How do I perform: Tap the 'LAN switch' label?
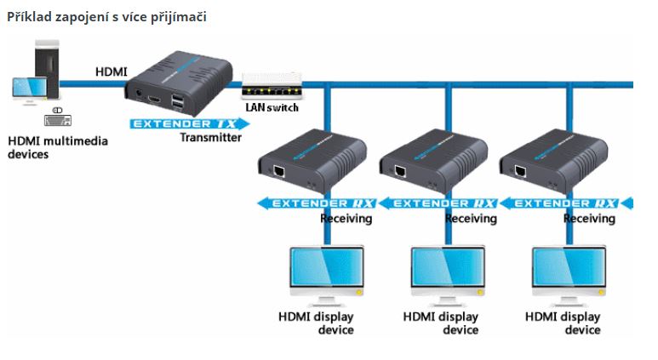pos(272,107)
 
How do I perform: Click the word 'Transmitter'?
pos(210,137)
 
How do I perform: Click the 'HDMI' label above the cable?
pos(112,72)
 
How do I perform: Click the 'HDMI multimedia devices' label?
pos(57,147)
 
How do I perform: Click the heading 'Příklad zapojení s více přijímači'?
pos(106,16)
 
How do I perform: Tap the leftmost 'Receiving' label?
pos(346,219)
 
